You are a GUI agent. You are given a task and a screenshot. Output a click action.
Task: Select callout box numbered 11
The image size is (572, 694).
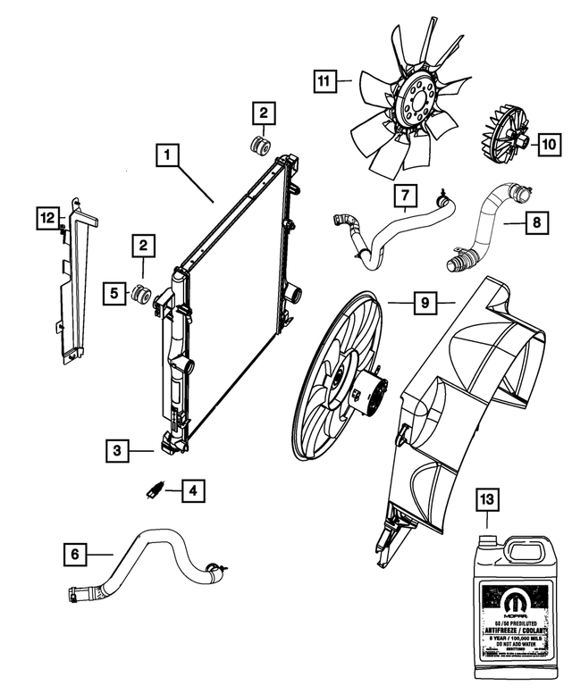pos(324,83)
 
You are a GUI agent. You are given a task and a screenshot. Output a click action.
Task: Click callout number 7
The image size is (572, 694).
pos(404,194)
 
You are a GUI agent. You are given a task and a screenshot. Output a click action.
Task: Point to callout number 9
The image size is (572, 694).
pos(425,304)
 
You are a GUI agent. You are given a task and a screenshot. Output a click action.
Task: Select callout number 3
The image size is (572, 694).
pos(117,451)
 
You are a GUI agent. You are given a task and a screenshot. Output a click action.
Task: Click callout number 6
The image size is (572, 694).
pos(76,555)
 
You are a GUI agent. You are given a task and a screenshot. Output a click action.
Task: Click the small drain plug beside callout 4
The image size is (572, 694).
pos(155,489)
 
